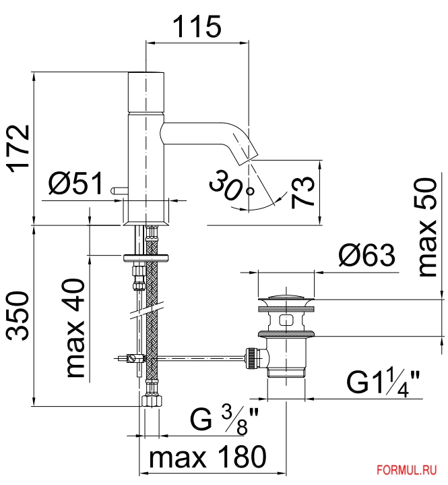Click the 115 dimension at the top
coord(197,26)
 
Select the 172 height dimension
coord(19,149)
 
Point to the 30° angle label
coord(231,186)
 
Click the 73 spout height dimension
coord(302,192)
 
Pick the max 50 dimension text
coord(427,227)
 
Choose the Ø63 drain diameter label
coord(366,255)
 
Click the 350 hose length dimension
coord(18,316)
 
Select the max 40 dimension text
coord(75,328)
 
